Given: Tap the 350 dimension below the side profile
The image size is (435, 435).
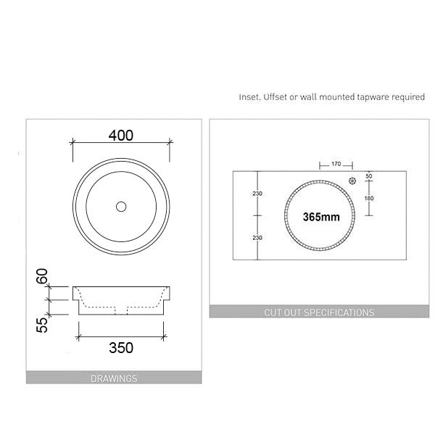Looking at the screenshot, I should (x=121, y=347).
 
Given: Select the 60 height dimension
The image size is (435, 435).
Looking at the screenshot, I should (x=42, y=277).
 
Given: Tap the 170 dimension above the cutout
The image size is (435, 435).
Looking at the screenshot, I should (x=336, y=165).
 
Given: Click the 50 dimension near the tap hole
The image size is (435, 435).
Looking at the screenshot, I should (x=368, y=176).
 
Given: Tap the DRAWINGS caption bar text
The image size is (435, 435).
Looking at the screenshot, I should (x=114, y=378).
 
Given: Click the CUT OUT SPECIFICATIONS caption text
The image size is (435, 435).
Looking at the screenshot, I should (x=320, y=312).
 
